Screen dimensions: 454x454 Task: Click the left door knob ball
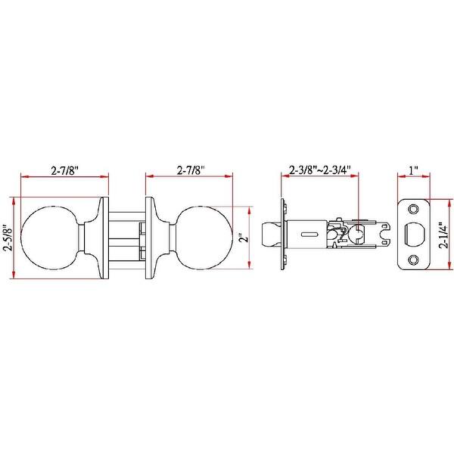tap(50, 238)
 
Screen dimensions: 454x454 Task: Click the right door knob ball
tap(204, 238)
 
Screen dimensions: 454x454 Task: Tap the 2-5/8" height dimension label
tap(8, 238)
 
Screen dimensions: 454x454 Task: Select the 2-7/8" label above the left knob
tap(65, 171)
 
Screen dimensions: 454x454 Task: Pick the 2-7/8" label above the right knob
tap(191, 170)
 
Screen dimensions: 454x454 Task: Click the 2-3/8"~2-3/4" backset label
tap(320, 169)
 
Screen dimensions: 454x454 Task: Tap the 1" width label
tap(413, 170)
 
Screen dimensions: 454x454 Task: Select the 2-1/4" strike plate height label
tap(443, 235)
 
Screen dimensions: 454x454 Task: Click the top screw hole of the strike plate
tap(413, 209)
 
